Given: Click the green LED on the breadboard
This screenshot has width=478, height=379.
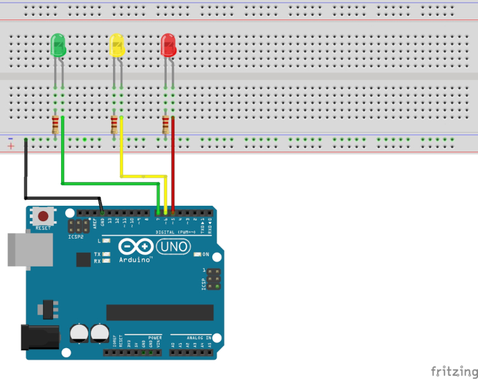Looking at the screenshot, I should [x=57, y=45].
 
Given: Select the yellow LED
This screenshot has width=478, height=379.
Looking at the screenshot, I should [x=117, y=45].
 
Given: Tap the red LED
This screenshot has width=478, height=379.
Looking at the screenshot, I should [x=169, y=45].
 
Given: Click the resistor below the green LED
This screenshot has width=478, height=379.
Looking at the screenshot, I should [x=56, y=124].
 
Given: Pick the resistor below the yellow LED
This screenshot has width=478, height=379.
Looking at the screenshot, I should [x=114, y=124].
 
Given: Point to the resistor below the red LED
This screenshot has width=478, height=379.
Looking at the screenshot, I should [x=166, y=124].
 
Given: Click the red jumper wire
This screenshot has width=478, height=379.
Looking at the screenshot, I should [x=172, y=164].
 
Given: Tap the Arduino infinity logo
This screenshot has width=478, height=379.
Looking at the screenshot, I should [x=134, y=246].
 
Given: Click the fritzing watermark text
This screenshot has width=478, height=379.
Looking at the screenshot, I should [x=454, y=371].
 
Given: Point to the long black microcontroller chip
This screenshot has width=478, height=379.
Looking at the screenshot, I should [x=160, y=312].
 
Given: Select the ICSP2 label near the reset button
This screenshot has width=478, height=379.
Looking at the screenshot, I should [x=75, y=238].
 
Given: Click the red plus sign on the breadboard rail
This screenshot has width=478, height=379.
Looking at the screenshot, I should [x=11, y=147].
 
